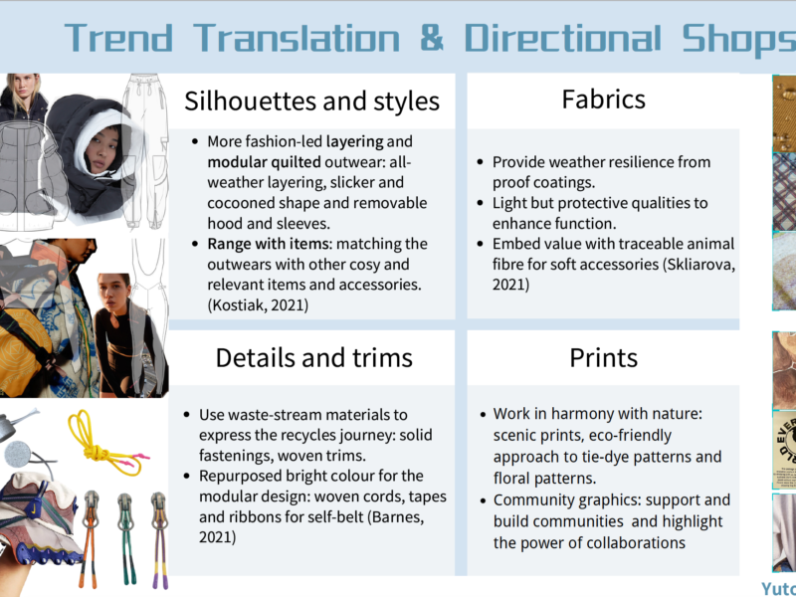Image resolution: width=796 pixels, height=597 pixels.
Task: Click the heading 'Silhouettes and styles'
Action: (311, 100)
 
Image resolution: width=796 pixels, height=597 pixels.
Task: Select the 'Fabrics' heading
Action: (604, 99)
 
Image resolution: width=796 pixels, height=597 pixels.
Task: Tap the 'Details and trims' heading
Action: (313, 357)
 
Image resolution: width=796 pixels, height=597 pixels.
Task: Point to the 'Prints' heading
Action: (604, 357)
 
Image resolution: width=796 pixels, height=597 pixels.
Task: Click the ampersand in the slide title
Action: (432, 38)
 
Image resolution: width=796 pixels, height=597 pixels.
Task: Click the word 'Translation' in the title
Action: (297, 38)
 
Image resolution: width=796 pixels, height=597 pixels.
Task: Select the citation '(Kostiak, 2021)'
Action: (258, 305)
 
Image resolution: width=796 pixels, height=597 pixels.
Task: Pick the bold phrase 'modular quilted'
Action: (264, 162)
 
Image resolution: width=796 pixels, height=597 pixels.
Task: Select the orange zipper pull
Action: (91, 538)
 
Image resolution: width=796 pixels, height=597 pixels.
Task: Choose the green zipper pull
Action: (126, 538)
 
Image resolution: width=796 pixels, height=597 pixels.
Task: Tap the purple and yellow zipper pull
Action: (159, 539)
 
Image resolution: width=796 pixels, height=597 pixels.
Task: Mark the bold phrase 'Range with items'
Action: (269, 244)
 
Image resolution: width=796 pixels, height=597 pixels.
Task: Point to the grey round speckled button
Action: (18, 454)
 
